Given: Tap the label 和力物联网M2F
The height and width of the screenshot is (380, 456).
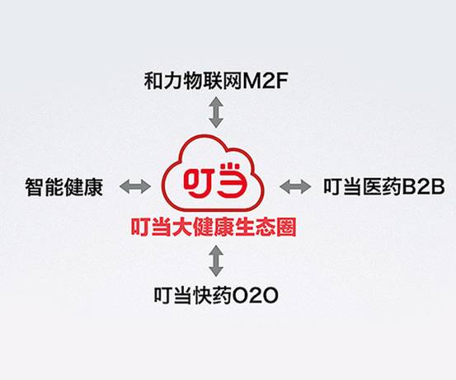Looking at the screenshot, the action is (216, 81).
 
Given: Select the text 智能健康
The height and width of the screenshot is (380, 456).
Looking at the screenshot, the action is (64, 187).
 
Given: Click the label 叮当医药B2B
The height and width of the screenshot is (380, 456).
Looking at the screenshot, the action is (384, 186).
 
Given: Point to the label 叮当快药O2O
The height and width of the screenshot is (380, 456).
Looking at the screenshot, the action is (216, 296).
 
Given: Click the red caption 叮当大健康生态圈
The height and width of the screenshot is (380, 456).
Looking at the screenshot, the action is (214, 227).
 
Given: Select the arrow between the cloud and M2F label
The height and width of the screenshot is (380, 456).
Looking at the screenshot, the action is (216, 112).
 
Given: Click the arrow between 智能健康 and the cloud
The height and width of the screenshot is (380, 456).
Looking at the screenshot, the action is (135, 186).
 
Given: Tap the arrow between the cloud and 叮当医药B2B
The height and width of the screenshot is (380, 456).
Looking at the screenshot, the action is (295, 186).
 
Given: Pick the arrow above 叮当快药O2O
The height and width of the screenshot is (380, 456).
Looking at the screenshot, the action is (216, 260).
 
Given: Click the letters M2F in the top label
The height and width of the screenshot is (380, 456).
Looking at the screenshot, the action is (266, 82).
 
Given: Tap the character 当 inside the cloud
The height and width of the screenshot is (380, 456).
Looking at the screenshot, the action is (232, 180).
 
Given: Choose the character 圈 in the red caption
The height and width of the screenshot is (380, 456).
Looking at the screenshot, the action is (287, 227).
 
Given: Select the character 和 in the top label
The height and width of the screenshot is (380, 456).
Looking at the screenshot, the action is (153, 81).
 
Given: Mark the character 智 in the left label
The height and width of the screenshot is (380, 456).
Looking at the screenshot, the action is (35, 187).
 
